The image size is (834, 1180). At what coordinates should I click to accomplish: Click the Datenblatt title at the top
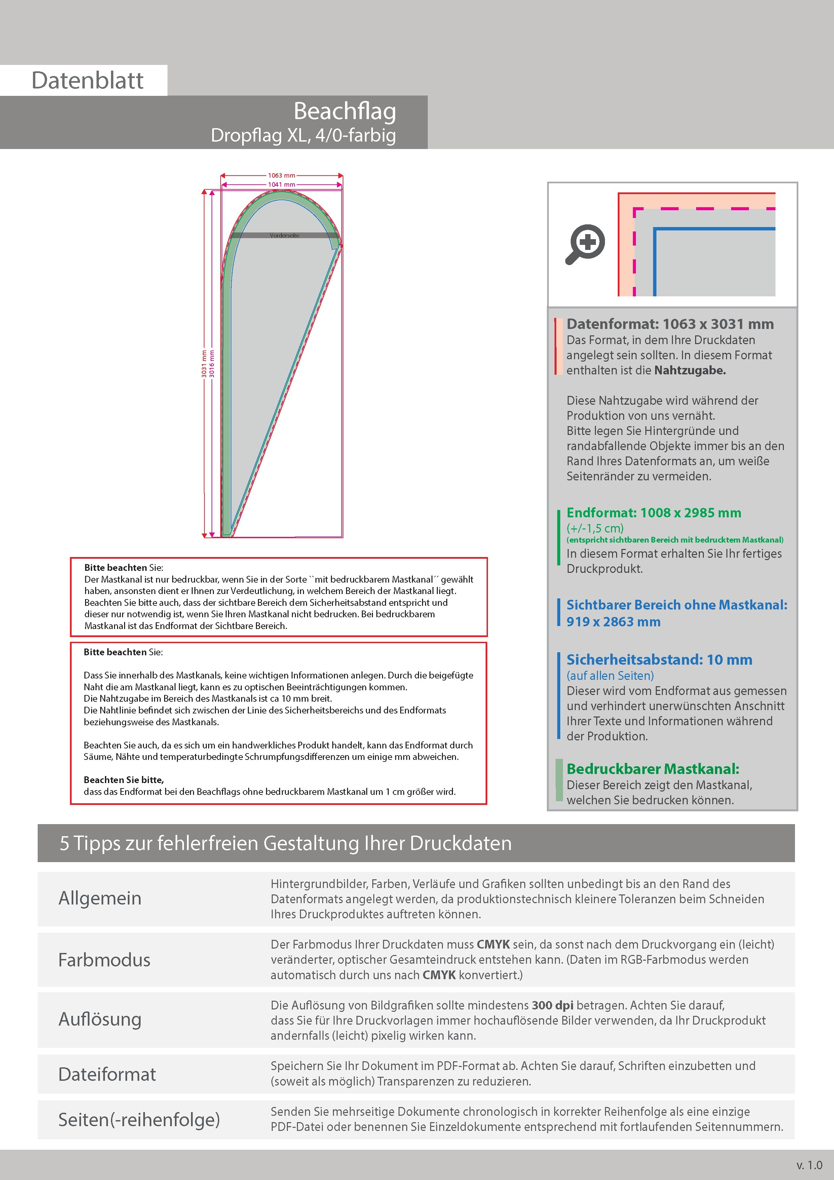click(x=87, y=81)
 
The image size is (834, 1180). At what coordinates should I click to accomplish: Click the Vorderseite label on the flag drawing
click(x=284, y=235)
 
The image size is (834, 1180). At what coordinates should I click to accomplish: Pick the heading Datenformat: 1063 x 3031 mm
click(x=670, y=324)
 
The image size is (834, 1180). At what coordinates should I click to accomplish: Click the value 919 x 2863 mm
click(x=613, y=622)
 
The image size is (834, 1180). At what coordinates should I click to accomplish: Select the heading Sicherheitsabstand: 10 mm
click(x=659, y=660)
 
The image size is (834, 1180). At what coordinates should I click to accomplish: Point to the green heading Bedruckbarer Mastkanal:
click(x=653, y=769)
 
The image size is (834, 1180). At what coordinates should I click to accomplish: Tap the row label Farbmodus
click(x=104, y=960)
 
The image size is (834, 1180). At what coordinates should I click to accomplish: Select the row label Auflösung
click(x=100, y=1019)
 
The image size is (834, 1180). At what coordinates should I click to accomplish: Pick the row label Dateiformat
click(x=107, y=1074)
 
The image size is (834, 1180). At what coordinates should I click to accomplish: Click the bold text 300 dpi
click(x=553, y=1005)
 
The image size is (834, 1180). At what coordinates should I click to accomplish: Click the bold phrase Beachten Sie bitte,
click(x=124, y=780)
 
